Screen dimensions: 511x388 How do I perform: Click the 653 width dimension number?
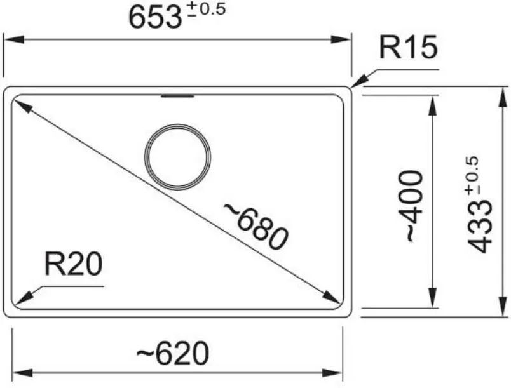pyautogui.click(x=155, y=18)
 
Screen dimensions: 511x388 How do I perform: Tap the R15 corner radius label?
pyautogui.click(x=407, y=48)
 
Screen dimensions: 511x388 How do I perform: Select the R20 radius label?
pyautogui.click(x=73, y=264)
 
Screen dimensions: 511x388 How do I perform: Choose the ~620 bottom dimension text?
pyautogui.click(x=172, y=353)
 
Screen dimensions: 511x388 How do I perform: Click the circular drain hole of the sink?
pyautogui.click(x=177, y=157)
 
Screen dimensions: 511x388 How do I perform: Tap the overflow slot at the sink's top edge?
pyautogui.click(x=178, y=96)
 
